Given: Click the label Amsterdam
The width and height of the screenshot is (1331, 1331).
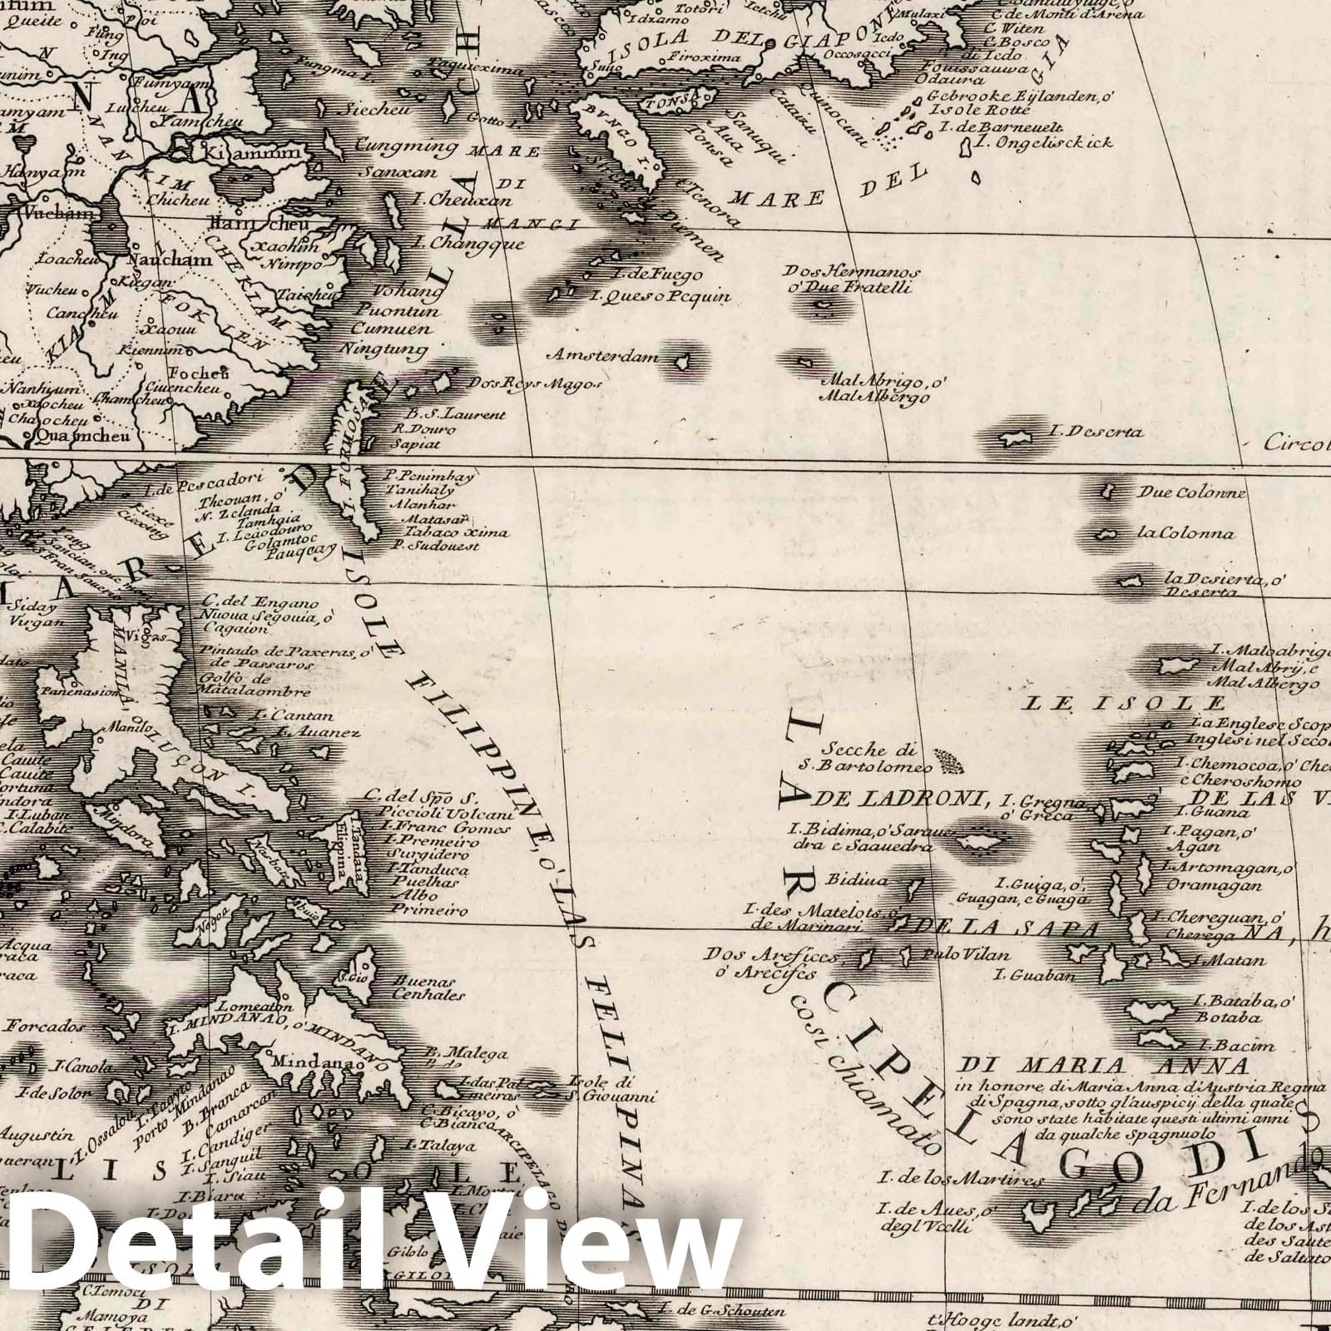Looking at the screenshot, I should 602,355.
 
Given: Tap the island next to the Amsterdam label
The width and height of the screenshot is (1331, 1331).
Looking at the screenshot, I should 682,361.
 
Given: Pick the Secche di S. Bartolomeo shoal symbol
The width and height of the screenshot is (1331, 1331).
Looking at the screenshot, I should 947,758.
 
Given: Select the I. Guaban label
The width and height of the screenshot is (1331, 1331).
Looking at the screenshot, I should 1029,975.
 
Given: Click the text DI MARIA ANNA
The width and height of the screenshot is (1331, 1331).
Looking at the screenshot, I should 1104,1066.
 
